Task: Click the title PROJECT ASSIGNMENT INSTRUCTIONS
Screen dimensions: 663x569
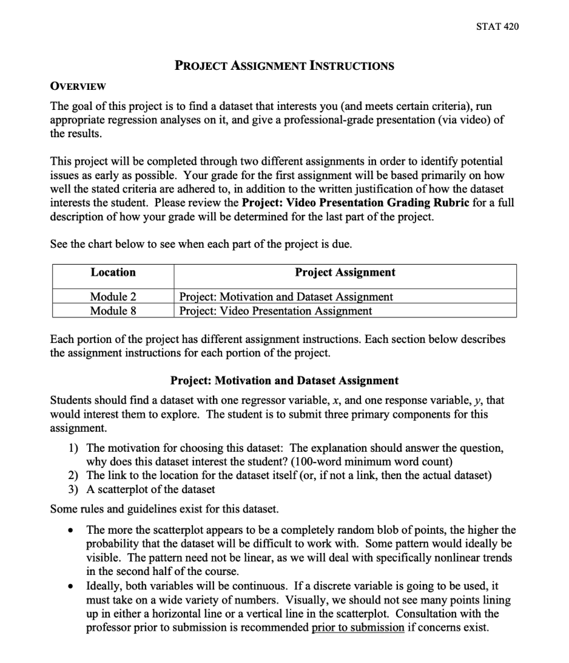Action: (x=284, y=66)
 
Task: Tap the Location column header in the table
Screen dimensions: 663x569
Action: (x=113, y=273)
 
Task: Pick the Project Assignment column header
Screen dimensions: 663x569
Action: (x=345, y=273)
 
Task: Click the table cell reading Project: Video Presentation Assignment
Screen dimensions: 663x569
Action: (x=276, y=311)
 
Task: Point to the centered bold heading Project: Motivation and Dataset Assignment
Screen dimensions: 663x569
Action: (x=284, y=381)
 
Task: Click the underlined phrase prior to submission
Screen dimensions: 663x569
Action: (x=357, y=628)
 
